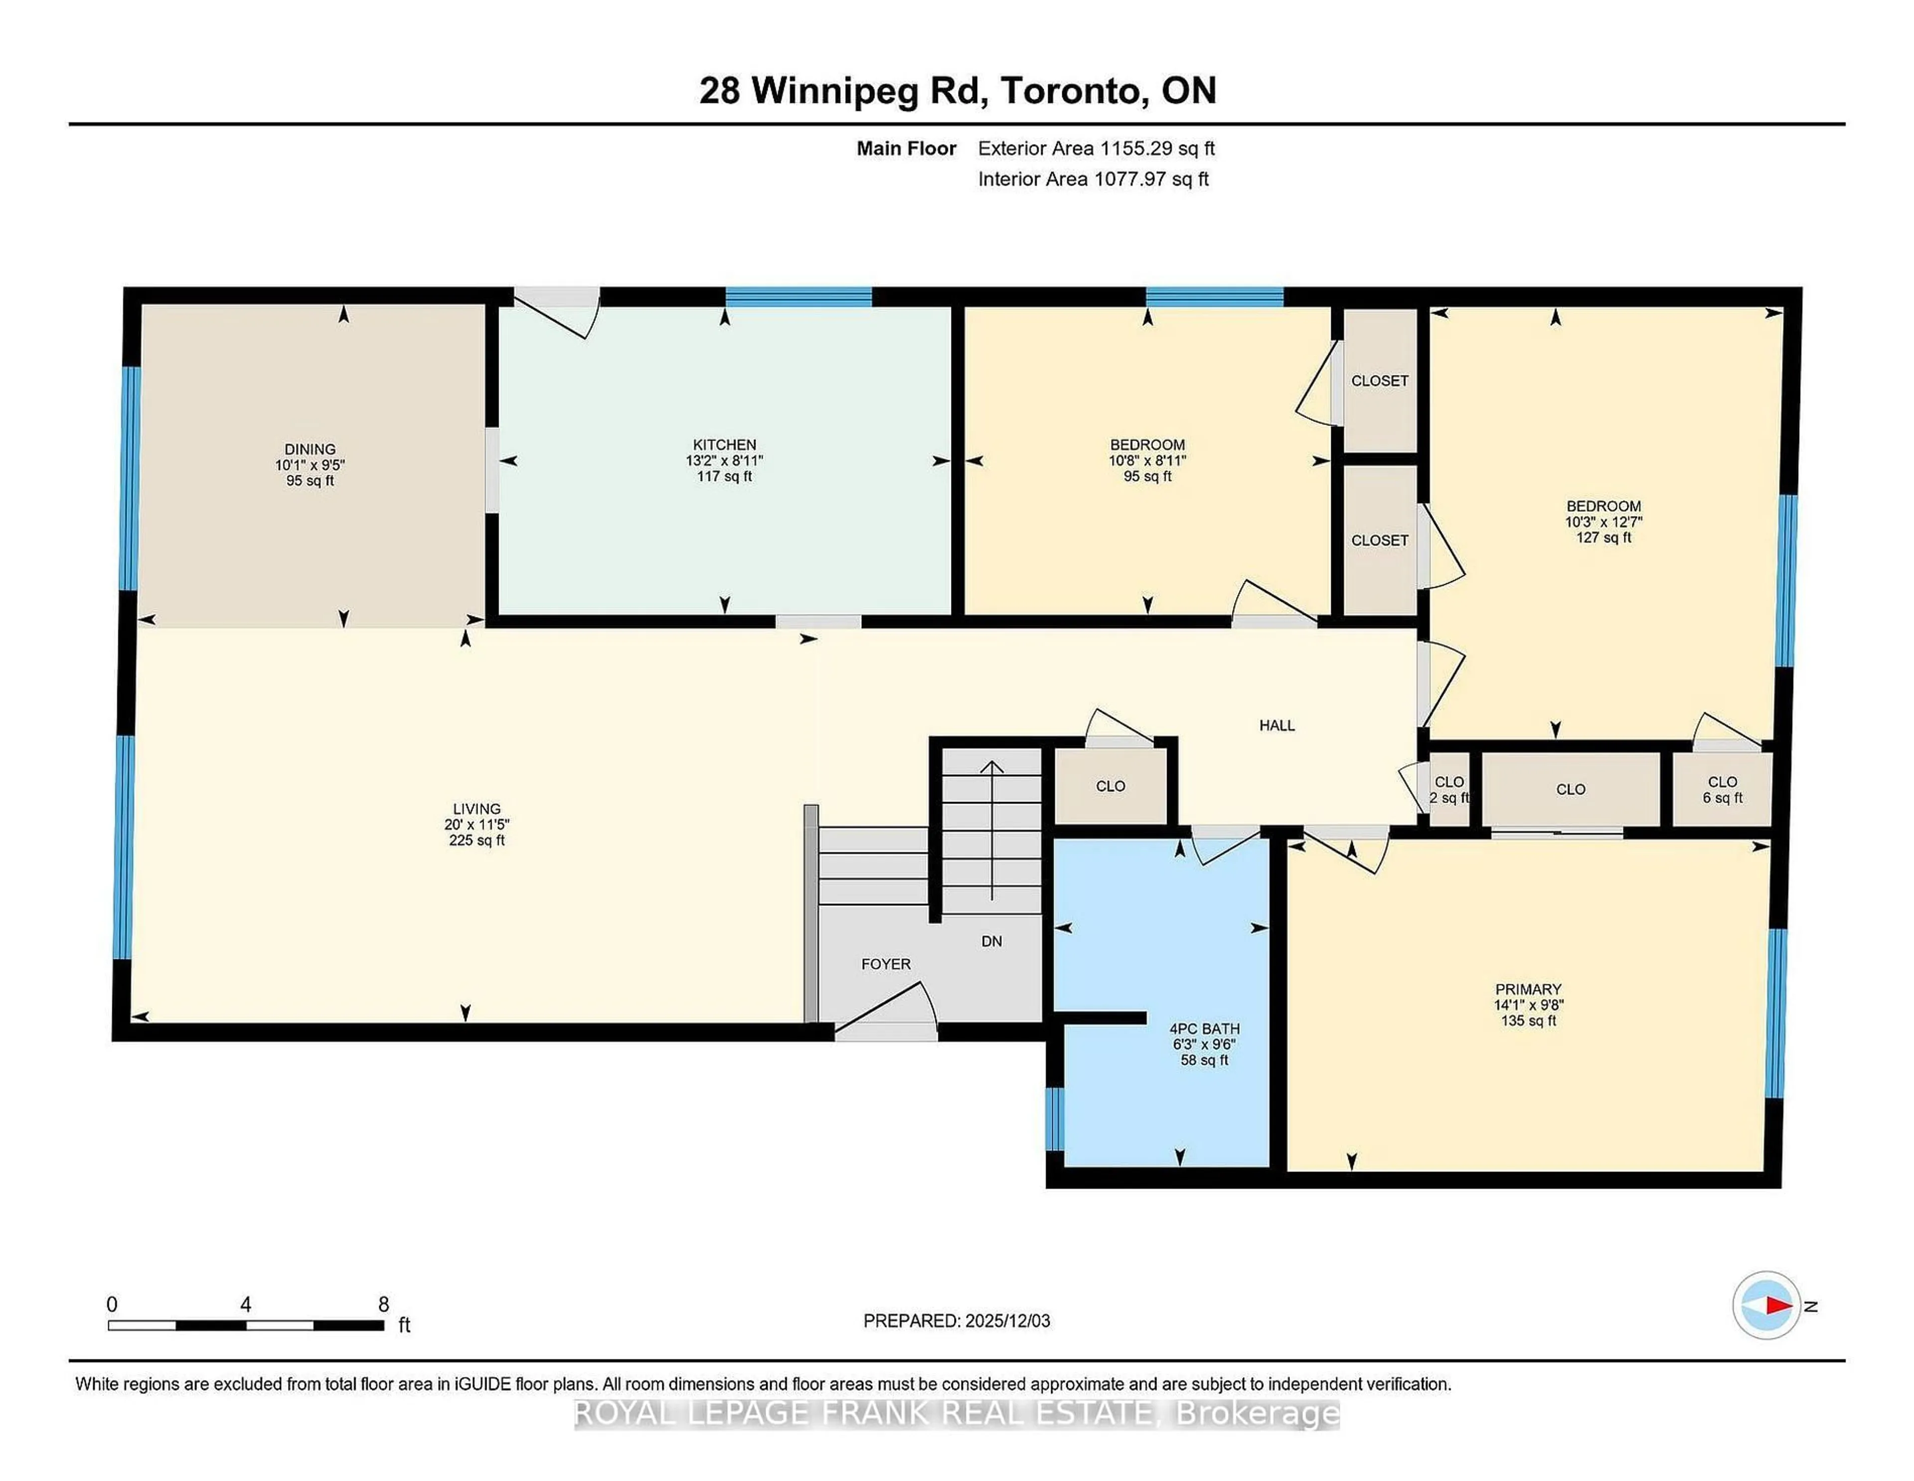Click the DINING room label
tap(310, 449)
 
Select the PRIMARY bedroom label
tap(1528, 989)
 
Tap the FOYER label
tap(885, 964)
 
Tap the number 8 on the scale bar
tap(383, 1304)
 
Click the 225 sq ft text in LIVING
tap(476, 840)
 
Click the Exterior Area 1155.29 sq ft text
tap(1096, 148)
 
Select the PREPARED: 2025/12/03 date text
tap(956, 1320)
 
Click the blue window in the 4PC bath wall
tap(1055, 1118)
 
